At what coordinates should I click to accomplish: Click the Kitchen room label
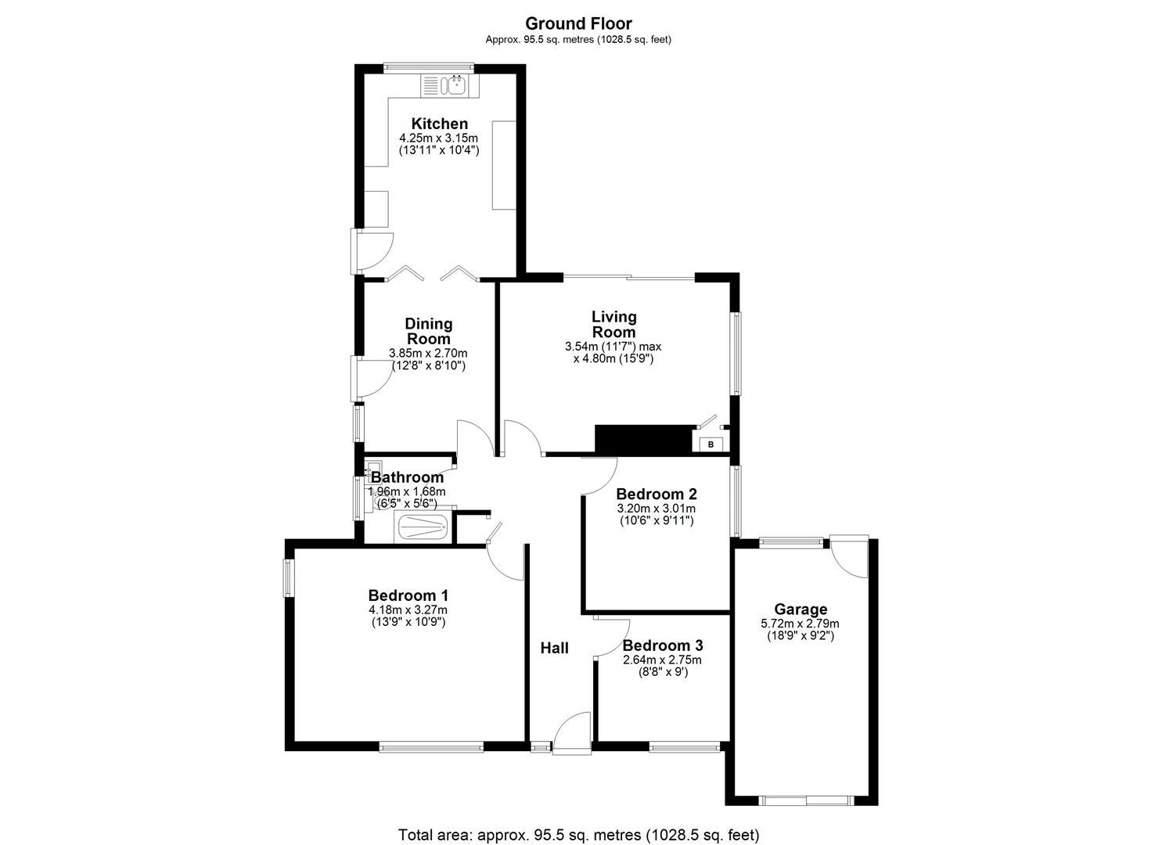pos(439,124)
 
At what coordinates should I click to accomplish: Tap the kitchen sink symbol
pos(454,85)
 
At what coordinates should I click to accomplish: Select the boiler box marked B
pos(711,444)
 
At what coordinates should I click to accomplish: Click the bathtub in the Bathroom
pos(426,527)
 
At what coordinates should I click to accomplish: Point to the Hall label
pos(554,648)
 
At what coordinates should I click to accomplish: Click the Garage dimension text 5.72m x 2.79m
pos(800,624)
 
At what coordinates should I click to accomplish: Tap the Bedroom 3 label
pos(662,645)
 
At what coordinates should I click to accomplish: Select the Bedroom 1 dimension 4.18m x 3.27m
pos(408,610)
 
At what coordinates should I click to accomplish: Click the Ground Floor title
pos(578,23)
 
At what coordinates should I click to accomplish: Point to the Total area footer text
pos(578,835)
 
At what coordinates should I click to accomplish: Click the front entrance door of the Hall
pos(572,734)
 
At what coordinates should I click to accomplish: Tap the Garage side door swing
pos(850,557)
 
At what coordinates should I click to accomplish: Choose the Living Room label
pos(613,324)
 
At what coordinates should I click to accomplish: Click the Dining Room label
pos(428,331)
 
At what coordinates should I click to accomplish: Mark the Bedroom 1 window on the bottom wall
pos(431,747)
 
